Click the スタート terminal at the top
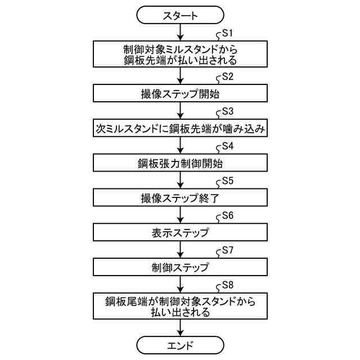(180, 16)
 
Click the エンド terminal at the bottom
(180, 344)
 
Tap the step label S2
(228, 76)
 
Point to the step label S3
(228, 111)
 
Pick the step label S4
(228, 146)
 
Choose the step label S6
(228, 216)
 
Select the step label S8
(228, 285)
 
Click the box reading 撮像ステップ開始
(180, 93)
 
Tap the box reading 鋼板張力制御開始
(180, 163)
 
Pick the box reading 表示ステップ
(180, 232)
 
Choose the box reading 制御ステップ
(180, 267)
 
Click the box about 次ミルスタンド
(180, 128)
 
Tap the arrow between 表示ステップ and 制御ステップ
(180, 249)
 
